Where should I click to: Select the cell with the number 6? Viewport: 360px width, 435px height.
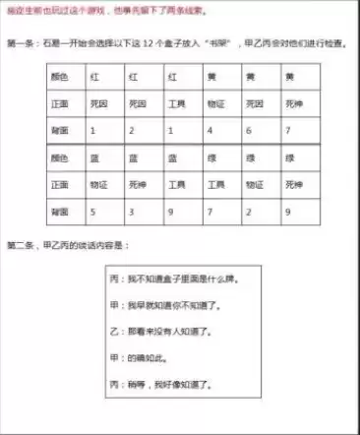tap(252, 128)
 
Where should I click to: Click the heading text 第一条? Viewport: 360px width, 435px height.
tap(23, 44)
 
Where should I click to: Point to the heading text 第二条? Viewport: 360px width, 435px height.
tap(23, 243)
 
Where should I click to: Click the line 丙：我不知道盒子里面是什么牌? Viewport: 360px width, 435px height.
tap(177, 280)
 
